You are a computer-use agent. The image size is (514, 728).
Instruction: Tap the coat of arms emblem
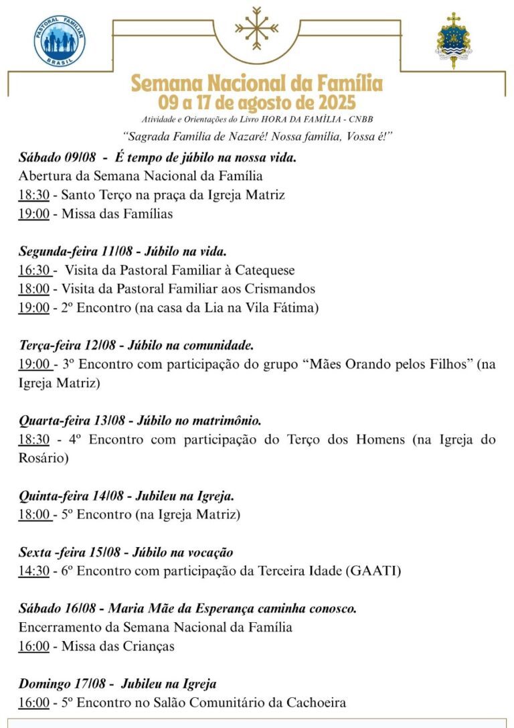tap(453, 39)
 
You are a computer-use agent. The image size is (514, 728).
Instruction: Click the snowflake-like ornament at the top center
tap(256, 28)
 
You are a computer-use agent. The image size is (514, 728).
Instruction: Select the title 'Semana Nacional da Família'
tap(257, 84)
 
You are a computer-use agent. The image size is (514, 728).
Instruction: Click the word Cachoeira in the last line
tap(315, 703)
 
